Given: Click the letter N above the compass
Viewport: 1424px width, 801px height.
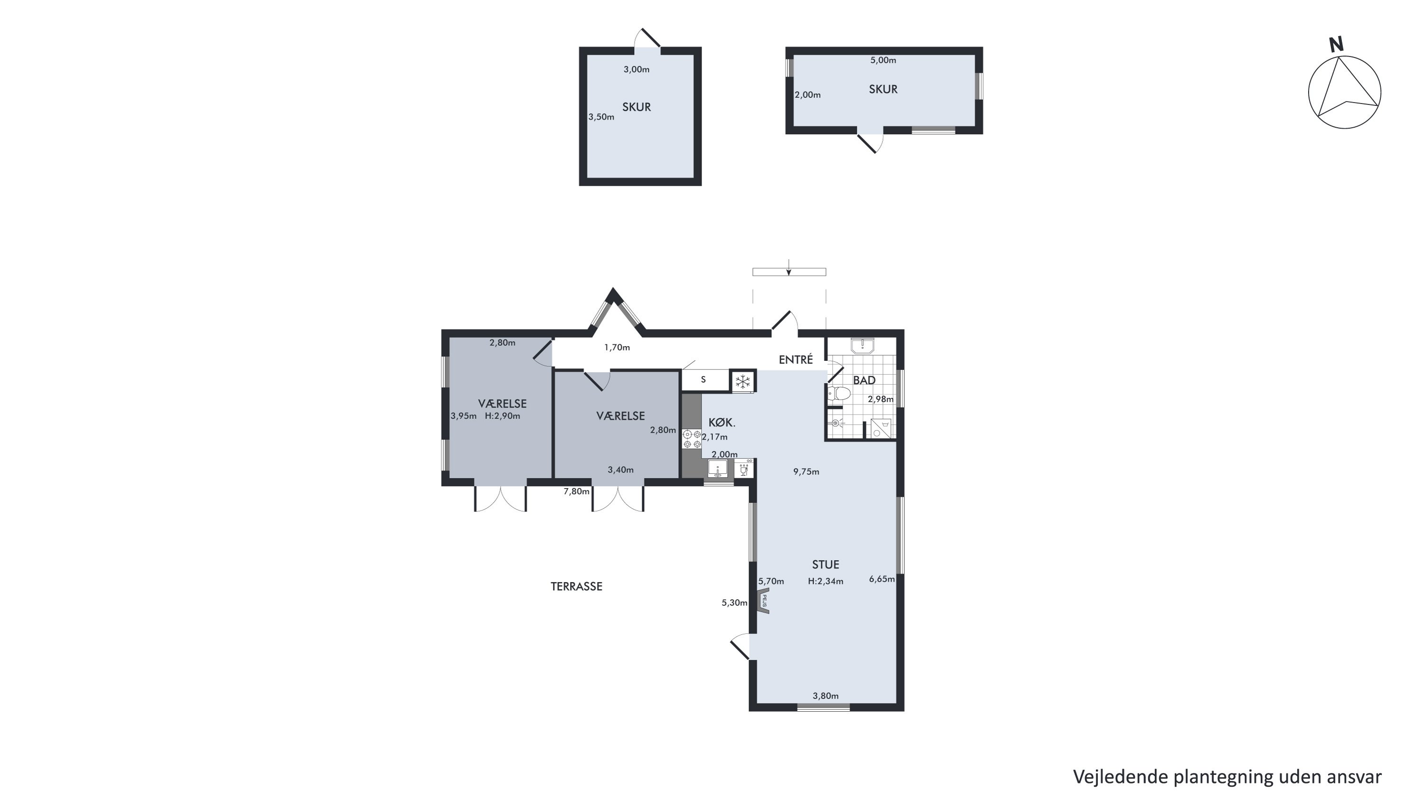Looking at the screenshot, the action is point(1336,44).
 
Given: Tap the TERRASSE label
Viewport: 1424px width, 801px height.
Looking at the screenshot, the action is point(576,586).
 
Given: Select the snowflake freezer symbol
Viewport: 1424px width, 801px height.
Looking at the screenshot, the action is point(743,381).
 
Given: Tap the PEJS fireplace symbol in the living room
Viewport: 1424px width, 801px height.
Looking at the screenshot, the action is point(764,601).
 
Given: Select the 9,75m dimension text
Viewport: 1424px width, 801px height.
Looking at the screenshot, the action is point(806,471).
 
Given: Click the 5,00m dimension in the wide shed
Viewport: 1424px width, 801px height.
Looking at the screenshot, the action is point(883,60).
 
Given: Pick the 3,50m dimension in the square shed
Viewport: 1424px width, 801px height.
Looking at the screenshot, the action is point(601,117).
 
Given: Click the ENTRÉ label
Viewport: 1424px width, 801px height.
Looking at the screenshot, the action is point(796,360).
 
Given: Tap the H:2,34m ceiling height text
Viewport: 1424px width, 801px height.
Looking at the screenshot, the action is point(825,581).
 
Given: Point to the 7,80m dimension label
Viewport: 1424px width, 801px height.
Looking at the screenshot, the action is point(576,491).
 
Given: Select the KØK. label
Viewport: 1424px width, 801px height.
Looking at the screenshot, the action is point(722,423).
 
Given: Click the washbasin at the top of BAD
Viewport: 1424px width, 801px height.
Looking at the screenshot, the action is point(862,346).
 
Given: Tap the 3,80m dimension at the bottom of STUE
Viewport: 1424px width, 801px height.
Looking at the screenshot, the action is point(825,696).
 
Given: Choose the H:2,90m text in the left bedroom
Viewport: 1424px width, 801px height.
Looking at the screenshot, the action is point(503,416).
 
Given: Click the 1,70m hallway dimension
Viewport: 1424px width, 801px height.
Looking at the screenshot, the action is point(617,348).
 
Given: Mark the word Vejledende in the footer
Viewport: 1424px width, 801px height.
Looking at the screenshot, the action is point(1121,777).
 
